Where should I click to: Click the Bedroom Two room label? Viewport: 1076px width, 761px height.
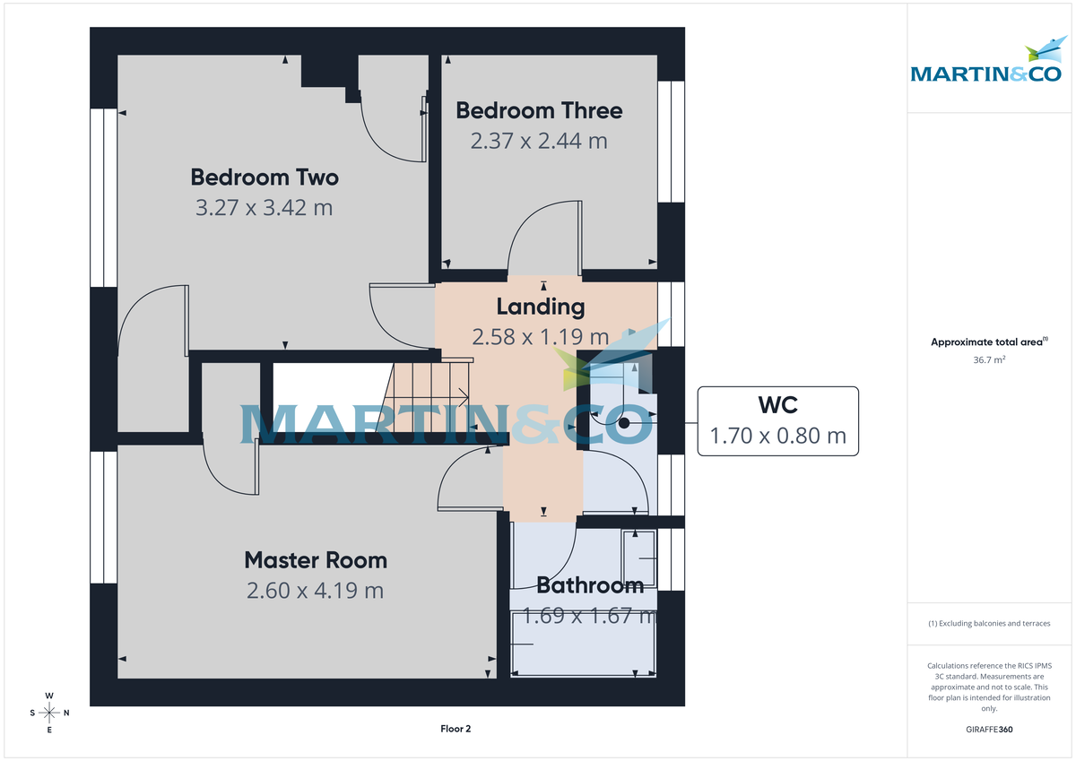(x=265, y=177)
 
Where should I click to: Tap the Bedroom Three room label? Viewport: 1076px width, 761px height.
(x=539, y=110)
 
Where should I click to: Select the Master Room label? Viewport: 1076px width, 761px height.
(x=316, y=560)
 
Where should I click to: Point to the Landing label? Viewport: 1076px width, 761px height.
(x=541, y=307)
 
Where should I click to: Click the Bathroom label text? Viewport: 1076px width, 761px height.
(x=590, y=586)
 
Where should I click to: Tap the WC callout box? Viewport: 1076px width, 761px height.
(x=777, y=421)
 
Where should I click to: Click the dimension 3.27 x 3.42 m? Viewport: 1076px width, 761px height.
(x=265, y=208)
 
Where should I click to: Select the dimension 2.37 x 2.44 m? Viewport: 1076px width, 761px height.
(x=539, y=141)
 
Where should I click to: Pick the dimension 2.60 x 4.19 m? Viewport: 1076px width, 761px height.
(x=316, y=591)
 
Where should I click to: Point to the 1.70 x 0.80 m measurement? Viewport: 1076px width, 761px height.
(x=778, y=437)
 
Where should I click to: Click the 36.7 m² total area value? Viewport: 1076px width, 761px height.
(x=990, y=359)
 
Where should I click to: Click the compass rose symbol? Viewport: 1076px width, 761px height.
(x=50, y=713)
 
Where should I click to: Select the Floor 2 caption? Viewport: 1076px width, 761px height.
(x=456, y=729)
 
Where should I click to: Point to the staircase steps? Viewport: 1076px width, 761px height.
(x=428, y=394)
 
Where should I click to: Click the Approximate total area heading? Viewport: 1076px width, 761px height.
(x=988, y=342)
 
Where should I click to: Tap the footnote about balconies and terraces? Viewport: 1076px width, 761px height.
(x=989, y=623)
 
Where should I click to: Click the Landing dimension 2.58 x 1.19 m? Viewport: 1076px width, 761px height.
(x=541, y=337)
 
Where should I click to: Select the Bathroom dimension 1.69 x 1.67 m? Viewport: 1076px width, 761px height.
(x=590, y=616)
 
